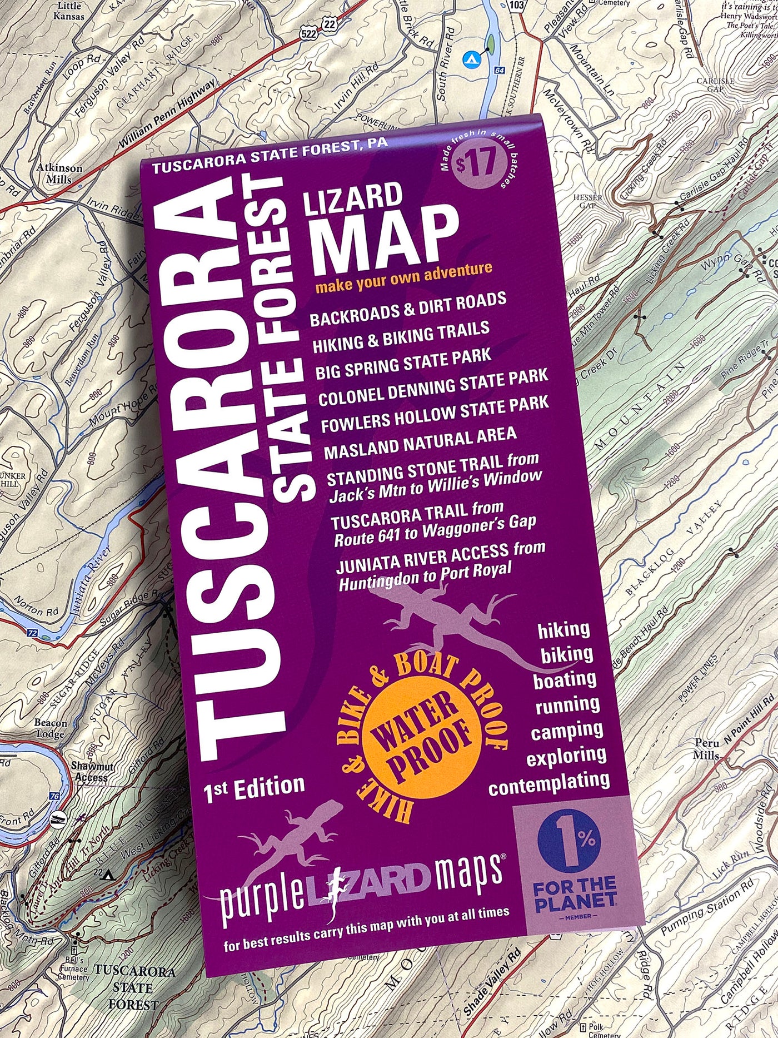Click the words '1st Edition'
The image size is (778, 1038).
pos(255,789)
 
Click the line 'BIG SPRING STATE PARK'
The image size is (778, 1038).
pos(403,364)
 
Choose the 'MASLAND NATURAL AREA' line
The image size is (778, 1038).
pos(420,443)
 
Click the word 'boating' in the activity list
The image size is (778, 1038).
pos(565,680)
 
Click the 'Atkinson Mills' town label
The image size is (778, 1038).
pos(59,173)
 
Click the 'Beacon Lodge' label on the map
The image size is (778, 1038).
pos(51,728)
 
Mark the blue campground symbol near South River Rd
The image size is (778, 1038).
pos(471,57)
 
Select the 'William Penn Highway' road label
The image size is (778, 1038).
pos(167,115)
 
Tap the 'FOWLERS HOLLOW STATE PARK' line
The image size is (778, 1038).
pos(435,414)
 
